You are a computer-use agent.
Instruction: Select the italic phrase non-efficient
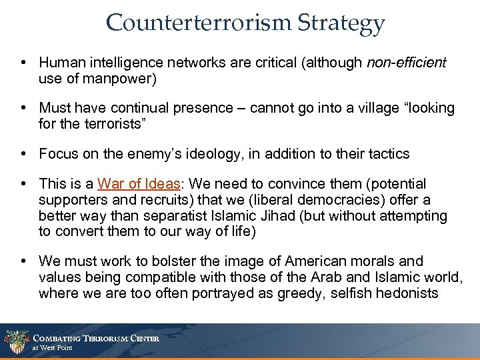(406, 63)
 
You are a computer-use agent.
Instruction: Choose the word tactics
(386, 154)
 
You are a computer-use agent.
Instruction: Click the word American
(318, 261)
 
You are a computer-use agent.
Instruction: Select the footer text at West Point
(53, 348)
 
